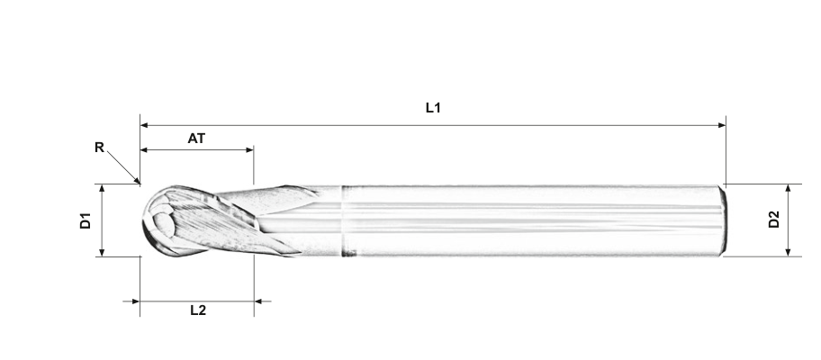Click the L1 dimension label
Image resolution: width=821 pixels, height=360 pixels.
coord(433,108)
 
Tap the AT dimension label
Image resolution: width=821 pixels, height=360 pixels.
coord(196,138)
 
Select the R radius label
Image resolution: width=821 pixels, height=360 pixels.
coord(100,148)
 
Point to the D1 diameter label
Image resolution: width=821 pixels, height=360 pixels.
coord(86,220)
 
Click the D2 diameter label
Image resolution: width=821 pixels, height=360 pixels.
coord(774,220)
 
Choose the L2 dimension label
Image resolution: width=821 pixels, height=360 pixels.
coord(198,310)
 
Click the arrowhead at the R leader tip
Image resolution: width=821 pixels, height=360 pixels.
coord(137,181)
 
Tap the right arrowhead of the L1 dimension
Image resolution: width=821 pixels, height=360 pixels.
coord(722,125)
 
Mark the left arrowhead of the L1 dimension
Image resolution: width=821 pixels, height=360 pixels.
coord(144,125)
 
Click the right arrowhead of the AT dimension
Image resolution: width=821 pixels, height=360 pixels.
coord(249,150)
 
